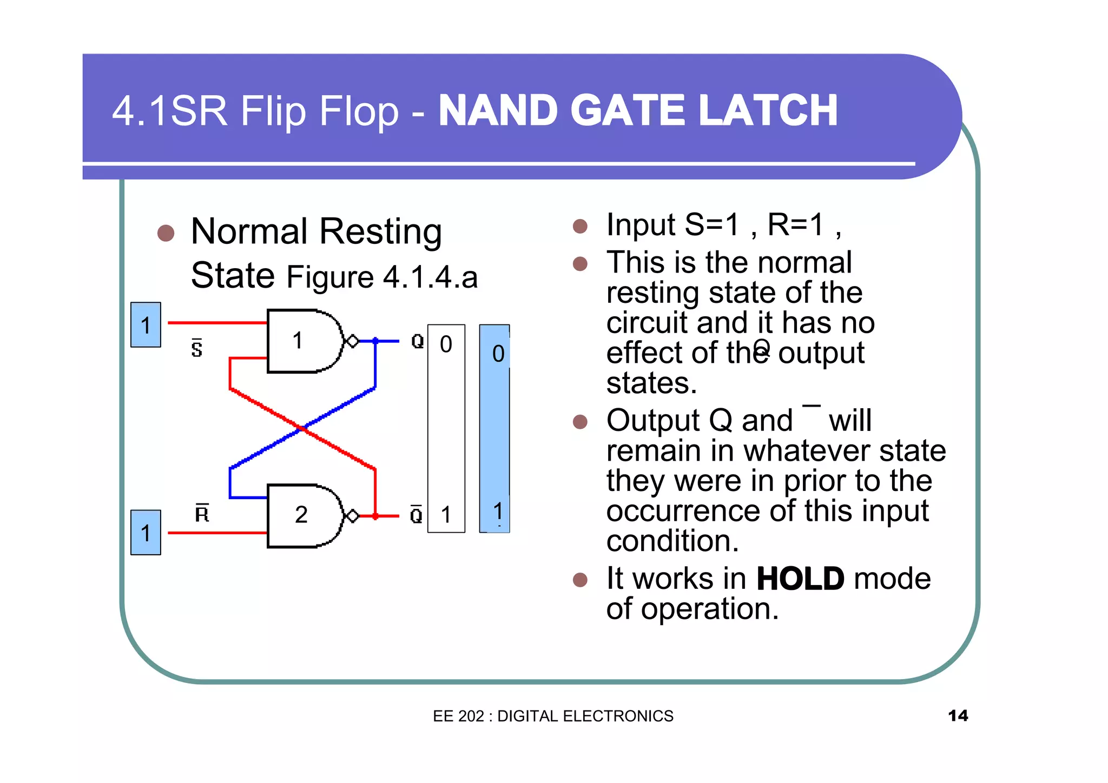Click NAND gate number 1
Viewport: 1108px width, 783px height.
click(303, 341)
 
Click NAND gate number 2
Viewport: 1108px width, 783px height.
click(303, 515)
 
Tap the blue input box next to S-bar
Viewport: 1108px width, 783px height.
click(146, 325)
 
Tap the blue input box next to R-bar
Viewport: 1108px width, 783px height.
click(146, 533)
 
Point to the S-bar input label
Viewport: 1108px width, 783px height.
click(197, 348)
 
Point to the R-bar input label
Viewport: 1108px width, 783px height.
click(202, 513)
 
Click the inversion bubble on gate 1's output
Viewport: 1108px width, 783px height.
click(352, 341)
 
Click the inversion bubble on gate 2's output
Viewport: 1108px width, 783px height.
click(352, 516)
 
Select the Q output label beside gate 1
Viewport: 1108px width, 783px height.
click(417, 341)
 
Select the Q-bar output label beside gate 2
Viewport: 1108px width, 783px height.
click(416, 515)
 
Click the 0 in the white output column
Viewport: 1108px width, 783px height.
click(446, 344)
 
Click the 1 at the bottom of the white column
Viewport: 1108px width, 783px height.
click(446, 515)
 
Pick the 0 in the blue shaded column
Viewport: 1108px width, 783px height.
click(498, 354)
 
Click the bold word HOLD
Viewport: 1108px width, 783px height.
click(800, 579)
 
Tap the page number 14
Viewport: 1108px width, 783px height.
click(958, 715)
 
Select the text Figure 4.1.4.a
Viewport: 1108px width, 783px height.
click(382, 277)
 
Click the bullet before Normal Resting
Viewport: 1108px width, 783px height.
click(166, 233)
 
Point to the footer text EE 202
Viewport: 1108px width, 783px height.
click(458, 716)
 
